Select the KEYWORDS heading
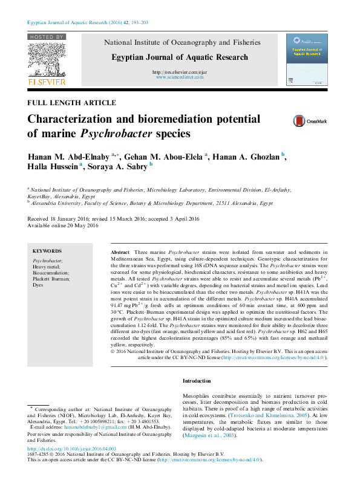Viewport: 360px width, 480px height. (47, 251)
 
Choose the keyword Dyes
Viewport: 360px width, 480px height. (38, 285)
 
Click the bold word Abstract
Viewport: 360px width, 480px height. (120, 251)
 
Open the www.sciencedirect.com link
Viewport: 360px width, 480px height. (179, 78)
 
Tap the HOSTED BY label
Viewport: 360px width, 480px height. (46, 37)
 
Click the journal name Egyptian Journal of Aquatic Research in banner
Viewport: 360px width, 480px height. (179, 57)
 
